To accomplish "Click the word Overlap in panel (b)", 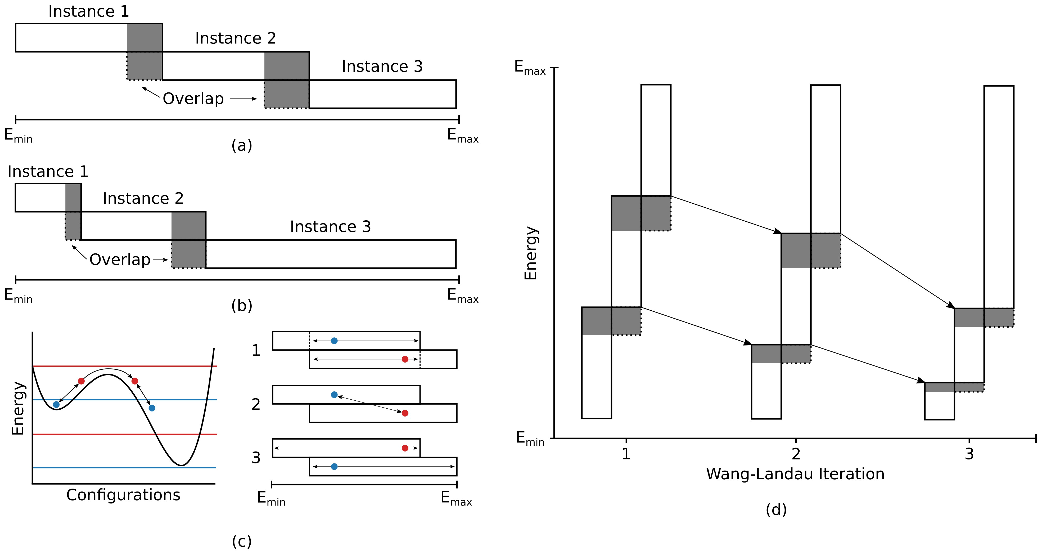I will tap(120, 260).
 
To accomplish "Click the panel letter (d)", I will tap(776, 510).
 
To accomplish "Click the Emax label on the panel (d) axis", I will tap(530, 68).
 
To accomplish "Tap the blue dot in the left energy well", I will tap(56, 404).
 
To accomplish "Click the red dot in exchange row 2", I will tap(405, 413).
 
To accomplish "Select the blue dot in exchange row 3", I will tap(334, 467).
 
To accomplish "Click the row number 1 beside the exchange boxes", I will tap(256, 350).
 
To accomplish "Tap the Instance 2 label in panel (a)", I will tap(235, 38).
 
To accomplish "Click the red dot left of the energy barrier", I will tap(81, 381).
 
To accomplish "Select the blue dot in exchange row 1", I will tap(334, 341).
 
